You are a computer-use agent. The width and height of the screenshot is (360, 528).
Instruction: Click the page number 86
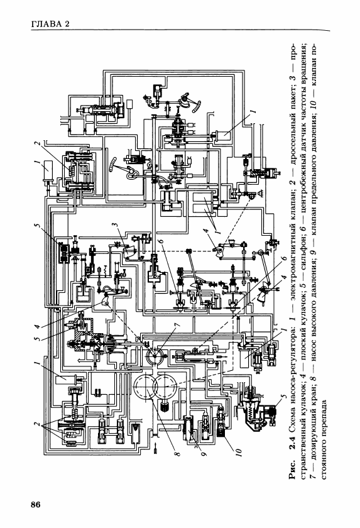(35, 504)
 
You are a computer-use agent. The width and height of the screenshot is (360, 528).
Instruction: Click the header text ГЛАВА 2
(50, 24)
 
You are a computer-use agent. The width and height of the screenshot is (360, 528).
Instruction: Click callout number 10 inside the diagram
(239, 452)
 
